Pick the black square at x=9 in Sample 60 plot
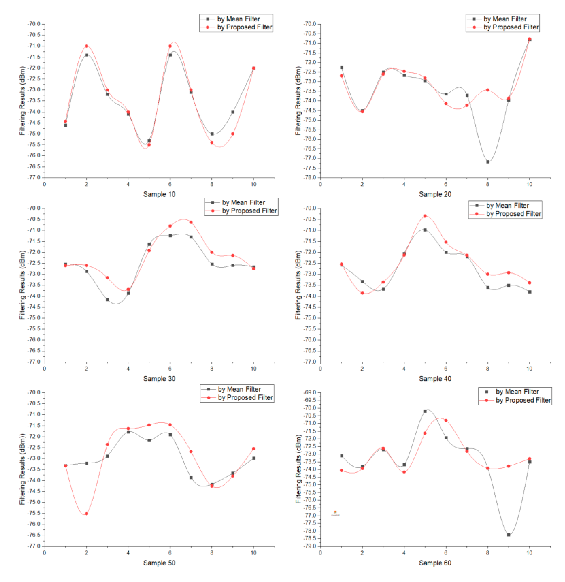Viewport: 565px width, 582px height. click(509, 535)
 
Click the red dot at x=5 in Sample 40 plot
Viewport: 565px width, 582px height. click(425, 216)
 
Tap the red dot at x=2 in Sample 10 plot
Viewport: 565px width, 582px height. click(86, 46)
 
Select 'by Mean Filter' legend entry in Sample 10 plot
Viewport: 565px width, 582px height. click(238, 19)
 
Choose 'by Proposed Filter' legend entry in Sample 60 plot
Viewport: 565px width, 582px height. click(523, 400)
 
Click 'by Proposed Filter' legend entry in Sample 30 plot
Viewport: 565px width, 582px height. click(249, 211)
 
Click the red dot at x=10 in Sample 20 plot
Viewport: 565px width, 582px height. click(529, 39)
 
